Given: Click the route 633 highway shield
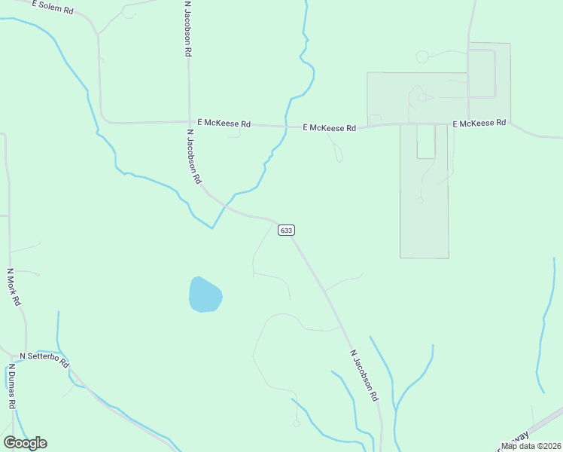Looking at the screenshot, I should pyautogui.click(x=285, y=230).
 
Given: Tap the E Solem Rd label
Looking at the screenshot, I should pyautogui.click(x=53, y=7).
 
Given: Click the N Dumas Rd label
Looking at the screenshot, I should pyautogui.click(x=13, y=387).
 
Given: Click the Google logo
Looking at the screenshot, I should pyautogui.click(x=25, y=443).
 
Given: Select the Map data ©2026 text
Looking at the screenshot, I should pyautogui.click(x=531, y=446).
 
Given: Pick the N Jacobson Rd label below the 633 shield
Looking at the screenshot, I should pyautogui.click(x=364, y=374).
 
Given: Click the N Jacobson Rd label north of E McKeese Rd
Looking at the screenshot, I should pyautogui.click(x=188, y=29).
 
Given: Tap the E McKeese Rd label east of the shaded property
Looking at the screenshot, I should pyautogui.click(x=479, y=123).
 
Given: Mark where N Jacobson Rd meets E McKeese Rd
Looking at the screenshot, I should pyautogui.click(x=189, y=122).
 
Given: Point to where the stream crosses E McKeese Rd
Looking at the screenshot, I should pyautogui.click(x=287, y=127).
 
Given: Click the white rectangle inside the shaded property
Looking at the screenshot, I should pyautogui.click(x=426, y=141).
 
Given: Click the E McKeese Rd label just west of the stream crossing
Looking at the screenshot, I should pyautogui.click(x=224, y=123).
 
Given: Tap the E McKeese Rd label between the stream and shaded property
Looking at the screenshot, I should pyautogui.click(x=329, y=128).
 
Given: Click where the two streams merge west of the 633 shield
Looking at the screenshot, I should pyautogui.click(x=213, y=227).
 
